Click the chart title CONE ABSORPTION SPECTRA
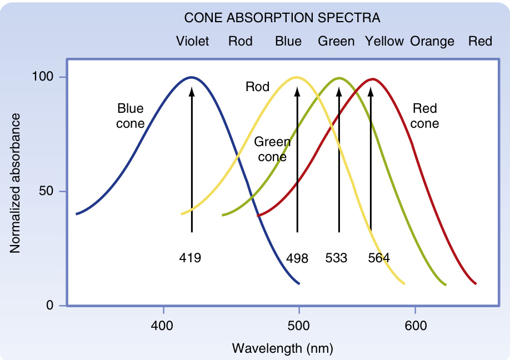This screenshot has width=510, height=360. click(282, 18)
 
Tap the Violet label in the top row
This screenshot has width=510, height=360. click(193, 42)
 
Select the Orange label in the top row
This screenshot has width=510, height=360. click(432, 42)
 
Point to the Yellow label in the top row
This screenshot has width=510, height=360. click(384, 42)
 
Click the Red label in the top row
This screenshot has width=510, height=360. click(480, 42)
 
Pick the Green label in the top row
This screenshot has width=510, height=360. click(336, 42)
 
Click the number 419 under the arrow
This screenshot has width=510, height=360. click(190, 258)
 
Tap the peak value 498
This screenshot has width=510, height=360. click(297, 258)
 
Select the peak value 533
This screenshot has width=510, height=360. click(336, 258)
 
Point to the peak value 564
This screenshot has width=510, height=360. click(379, 258)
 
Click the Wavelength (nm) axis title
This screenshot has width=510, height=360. click(282, 348)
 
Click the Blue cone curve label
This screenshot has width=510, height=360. click(130, 116)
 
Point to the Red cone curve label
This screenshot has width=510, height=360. click(425, 116)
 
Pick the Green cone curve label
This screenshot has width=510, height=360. click(272, 149)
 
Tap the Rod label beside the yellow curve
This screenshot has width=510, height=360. click(257, 87)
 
